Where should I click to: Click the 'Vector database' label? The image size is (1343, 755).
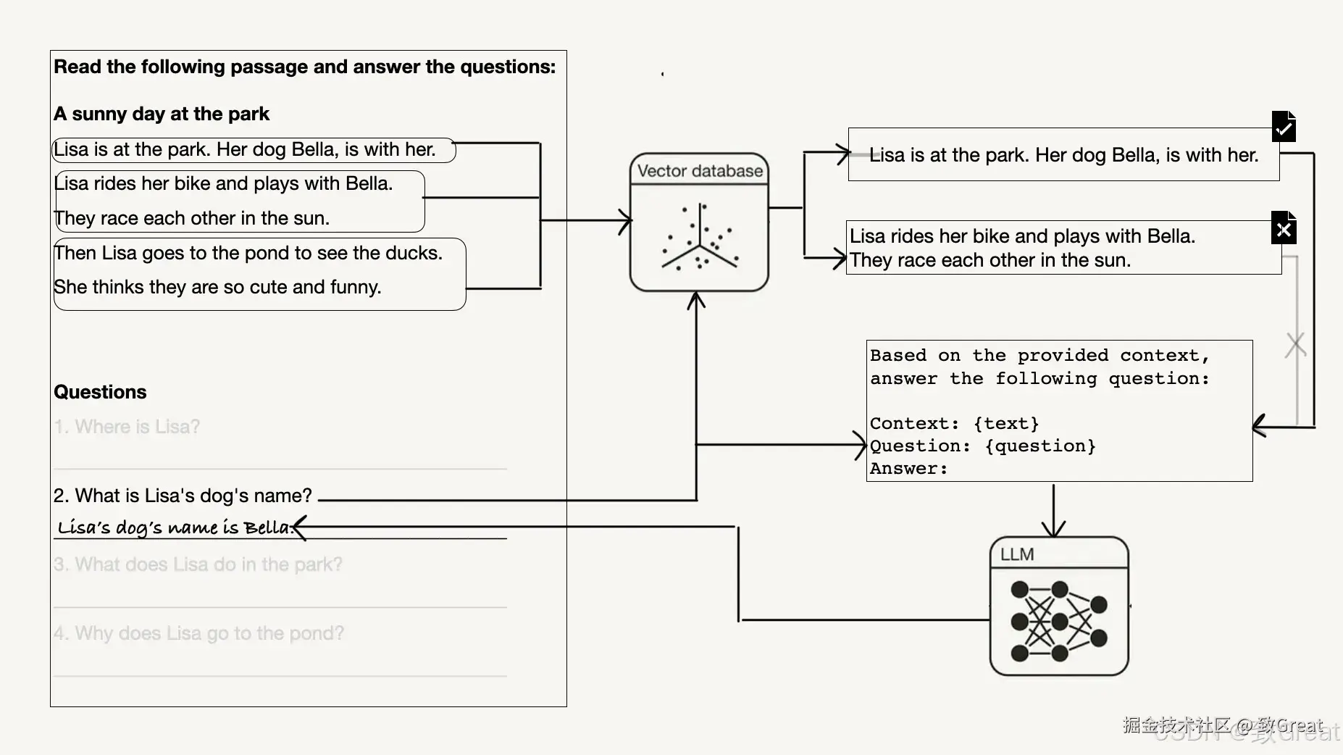coord(700,171)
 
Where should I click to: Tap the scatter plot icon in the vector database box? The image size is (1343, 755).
coord(699,238)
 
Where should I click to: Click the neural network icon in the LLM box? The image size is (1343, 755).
coord(1058,621)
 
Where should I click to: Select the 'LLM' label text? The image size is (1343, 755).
coord(1017,554)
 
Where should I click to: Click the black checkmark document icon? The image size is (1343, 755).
coord(1284,127)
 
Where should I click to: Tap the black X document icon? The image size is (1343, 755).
coord(1284,229)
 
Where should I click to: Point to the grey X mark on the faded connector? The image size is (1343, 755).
coord(1295,345)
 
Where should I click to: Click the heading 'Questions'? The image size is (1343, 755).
coord(100,392)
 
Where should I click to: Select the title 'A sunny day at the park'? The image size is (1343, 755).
coord(162,114)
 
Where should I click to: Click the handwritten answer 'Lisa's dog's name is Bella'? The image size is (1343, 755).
coord(174,527)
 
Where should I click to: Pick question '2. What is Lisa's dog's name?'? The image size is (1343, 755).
coord(183,496)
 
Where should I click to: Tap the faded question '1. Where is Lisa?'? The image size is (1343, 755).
coord(127,427)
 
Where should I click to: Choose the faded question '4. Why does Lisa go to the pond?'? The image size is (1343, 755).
coord(198,633)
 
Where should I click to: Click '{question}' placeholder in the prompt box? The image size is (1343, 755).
coord(1040,446)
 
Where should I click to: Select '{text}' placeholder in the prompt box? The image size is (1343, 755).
coord(1006,423)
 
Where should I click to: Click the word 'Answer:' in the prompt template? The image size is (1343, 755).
coord(908,469)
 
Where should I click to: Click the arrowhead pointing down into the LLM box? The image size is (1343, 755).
coord(1053,527)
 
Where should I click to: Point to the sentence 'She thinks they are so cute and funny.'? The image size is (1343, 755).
coord(217,288)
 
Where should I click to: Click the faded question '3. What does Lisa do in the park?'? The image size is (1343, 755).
coord(198,564)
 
